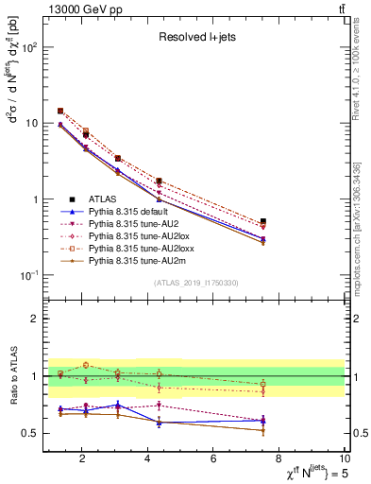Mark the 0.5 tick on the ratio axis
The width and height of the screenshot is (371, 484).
click(30, 433)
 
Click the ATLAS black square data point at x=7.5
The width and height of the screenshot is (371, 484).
click(263, 221)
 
